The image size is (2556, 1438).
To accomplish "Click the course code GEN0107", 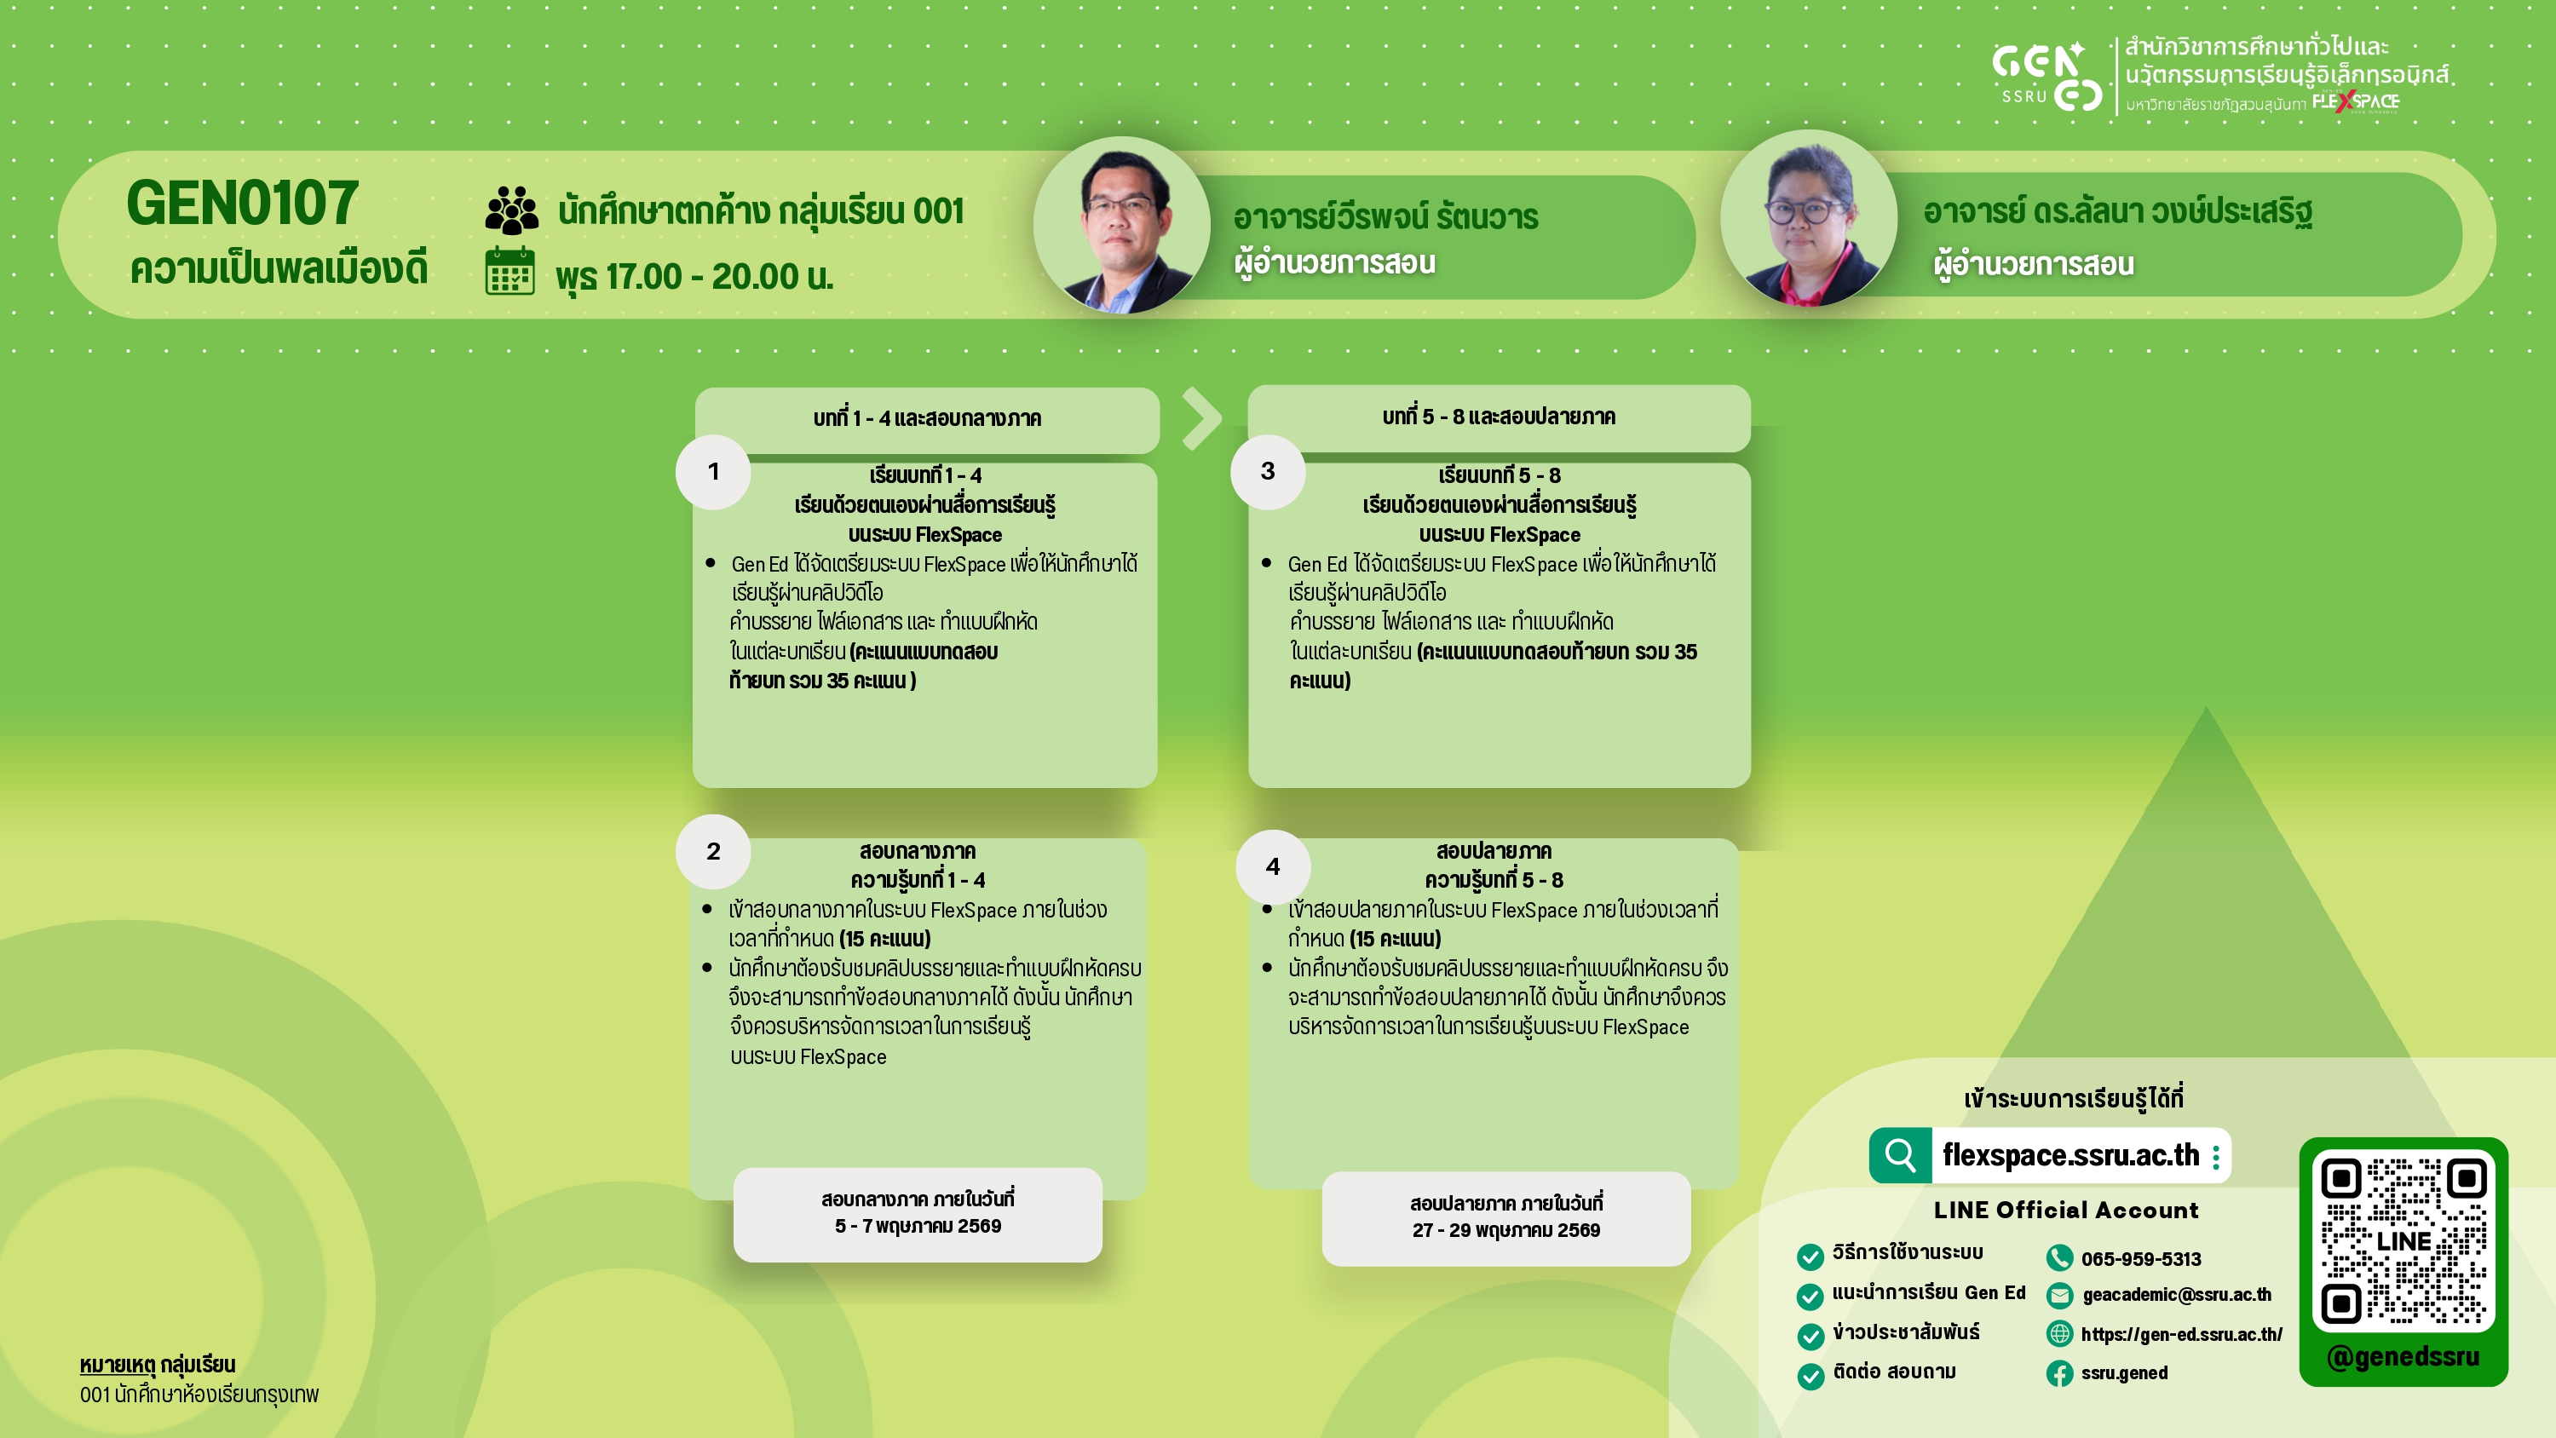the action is point(242,203).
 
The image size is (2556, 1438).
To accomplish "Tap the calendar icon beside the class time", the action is point(510,272).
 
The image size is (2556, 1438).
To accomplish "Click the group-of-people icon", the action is point(512,210).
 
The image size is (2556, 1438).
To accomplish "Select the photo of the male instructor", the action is point(1121,225).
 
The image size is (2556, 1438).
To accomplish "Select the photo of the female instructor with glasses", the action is point(1809,218).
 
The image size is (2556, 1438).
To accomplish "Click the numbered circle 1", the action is point(713,473).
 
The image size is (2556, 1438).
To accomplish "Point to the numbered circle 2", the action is point(713,852).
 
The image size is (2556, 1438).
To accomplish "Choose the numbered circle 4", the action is point(1273,867).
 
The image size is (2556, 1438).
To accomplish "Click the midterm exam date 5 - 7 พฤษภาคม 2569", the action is point(918,1227).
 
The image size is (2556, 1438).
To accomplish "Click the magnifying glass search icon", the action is point(1900,1155).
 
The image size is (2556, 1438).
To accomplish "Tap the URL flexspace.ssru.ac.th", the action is point(2071,1155).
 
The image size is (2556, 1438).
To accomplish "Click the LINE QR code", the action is point(2403,1240).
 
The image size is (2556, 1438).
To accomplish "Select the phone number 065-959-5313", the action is point(2141,1259).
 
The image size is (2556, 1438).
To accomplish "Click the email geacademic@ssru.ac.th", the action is point(2177,1295).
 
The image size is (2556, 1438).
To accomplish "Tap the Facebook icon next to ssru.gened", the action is point(2060,1373).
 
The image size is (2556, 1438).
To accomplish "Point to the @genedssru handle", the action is point(2403,1356).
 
